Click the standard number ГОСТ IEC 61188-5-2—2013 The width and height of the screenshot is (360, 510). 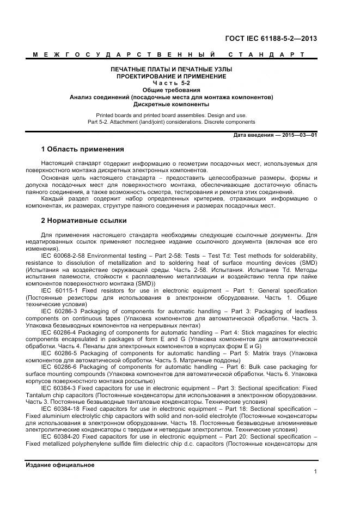coord(271,38)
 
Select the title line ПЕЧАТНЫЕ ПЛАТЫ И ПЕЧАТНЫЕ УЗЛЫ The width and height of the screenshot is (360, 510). coord(171,70)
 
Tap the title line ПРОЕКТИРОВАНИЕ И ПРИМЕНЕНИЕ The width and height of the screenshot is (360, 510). coord(171,77)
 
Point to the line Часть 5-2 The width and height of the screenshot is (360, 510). coord(171,83)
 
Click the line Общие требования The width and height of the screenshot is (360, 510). coord(171,90)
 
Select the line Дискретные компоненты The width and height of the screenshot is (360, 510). coord(171,104)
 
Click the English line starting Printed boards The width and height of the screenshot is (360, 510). coord(171,115)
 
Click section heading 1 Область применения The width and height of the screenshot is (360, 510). coord(82,149)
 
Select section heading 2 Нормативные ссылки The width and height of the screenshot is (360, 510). coord(84,221)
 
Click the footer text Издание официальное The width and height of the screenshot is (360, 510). coord(60,465)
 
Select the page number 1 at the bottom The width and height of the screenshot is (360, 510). coord(315,472)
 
